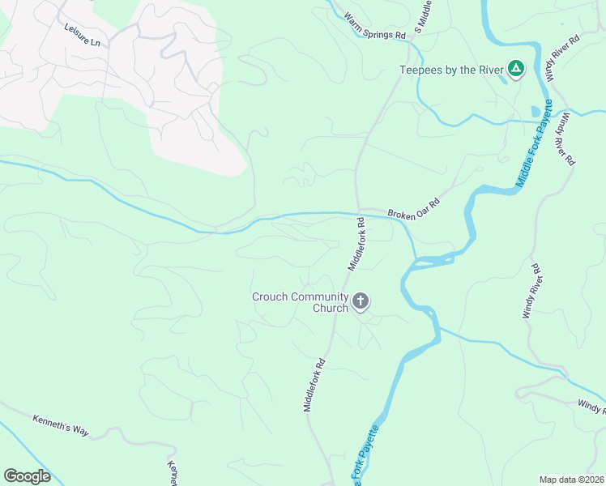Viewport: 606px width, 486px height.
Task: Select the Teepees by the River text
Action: click(x=450, y=70)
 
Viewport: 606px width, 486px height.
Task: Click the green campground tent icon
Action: click(x=514, y=69)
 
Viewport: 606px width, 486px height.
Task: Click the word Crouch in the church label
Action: click(x=270, y=296)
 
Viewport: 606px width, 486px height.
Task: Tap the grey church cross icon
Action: click(x=361, y=302)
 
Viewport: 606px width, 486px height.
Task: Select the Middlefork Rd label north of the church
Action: click(x=357, y=242)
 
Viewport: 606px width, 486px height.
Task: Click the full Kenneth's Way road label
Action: click(x=61, y=425)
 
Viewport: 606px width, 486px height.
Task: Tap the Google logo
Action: click(x=28, y=475)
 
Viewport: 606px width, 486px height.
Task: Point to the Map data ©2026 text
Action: click(x=571, y=480)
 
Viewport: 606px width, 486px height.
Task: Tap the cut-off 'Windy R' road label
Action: click(x=591, y=405)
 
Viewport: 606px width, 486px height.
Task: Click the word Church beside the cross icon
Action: click(x=331, y=308)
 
